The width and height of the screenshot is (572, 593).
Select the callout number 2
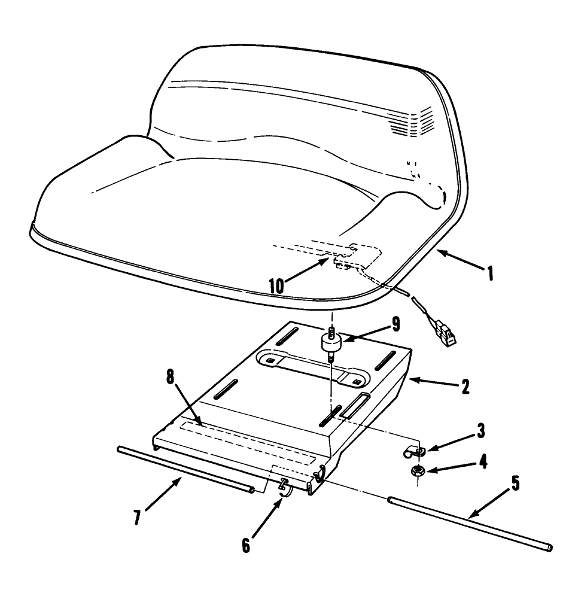(x=465, y=385)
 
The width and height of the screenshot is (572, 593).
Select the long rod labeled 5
(x=470, y=522)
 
